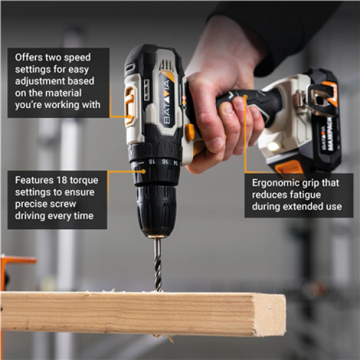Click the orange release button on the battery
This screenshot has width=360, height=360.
click(289, 168)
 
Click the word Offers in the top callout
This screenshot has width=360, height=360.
click(29, 58)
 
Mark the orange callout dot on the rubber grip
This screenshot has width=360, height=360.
click(245, 98)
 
